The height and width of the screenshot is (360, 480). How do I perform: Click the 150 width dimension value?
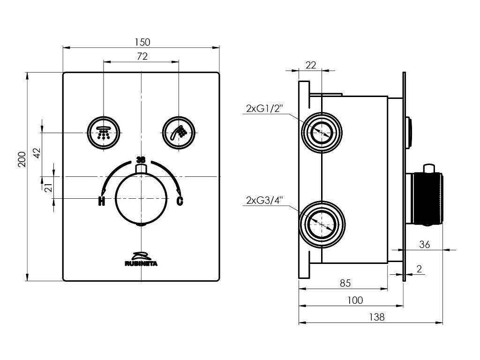pos(141,42)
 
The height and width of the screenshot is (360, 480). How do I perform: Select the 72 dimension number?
pos(142,56)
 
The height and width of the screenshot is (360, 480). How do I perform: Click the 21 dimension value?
pos(47,187)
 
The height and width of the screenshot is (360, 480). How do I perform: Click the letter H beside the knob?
pos(101,202)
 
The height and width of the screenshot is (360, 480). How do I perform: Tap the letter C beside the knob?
pos(180,202)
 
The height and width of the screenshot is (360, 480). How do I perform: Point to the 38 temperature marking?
pos(141,159)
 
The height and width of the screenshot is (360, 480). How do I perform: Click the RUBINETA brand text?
pos(141,263)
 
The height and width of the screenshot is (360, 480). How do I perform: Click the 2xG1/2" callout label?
pos(263,109)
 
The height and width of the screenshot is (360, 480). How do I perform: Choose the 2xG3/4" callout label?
pos(263,201)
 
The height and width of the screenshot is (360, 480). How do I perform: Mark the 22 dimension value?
pos(311,65)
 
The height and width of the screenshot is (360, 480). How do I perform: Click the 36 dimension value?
pos(424,244)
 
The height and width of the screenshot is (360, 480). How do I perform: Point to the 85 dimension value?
pos(345,283)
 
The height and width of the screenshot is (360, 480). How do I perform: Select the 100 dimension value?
pos(354,300)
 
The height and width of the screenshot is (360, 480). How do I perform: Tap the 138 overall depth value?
pos(376,317)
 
